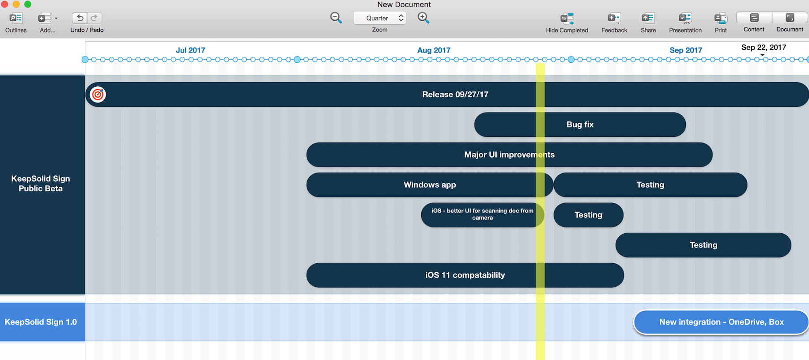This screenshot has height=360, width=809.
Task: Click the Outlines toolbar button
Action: [16, 18]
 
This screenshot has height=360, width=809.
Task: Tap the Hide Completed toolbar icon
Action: [567, 18]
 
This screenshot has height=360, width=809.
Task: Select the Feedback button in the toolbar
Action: [614, 18]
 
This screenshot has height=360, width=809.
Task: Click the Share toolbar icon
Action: [648, 18]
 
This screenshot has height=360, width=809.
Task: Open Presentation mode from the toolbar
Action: [685, 18]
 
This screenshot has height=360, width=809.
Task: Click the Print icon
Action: [721, 18]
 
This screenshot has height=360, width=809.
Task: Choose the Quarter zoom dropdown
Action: [380, 18]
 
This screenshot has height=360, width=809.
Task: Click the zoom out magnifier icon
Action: [336, 18]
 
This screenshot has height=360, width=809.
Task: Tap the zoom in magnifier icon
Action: [423, 18]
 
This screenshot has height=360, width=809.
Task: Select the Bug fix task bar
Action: [580, 125]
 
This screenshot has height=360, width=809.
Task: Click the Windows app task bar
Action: [430, 185]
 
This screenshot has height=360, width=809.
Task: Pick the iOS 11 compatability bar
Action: [465, 275]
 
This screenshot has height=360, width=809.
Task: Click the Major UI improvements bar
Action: [509, 155]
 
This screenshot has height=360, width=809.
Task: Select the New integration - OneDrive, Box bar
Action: [721, 322]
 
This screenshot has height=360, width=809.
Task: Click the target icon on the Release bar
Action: [98, 95]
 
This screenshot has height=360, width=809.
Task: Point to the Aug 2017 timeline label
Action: [434, 50]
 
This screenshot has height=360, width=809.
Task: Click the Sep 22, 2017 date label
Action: [764, 47]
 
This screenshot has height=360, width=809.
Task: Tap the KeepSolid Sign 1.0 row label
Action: [41, 322]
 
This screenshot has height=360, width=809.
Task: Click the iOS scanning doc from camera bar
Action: [482, 215]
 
